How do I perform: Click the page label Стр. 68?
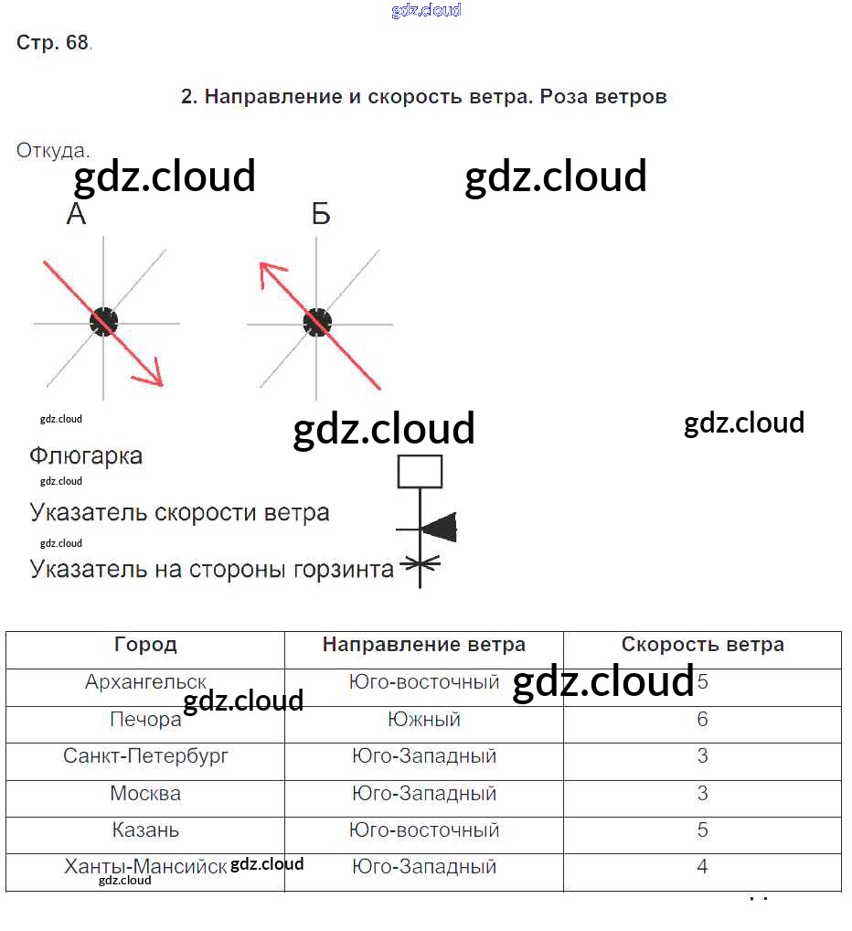tap(52, 43)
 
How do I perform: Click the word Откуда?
tap(52, 151)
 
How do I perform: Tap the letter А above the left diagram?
tap(77, 215)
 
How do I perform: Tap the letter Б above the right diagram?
tap(320, 215)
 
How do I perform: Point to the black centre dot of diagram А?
tap(104, 321)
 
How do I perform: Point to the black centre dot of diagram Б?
tap(317, 322)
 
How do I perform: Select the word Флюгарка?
tap(86, 455)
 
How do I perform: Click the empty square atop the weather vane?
tap(420, 472)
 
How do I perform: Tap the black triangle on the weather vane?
tap(441, 528)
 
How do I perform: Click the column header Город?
tap(145, 645)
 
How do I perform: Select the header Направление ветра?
tap(423, 645)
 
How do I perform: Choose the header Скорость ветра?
tap(702, 645)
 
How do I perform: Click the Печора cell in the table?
tap(145, 720)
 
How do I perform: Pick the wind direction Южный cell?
tap(423, 720)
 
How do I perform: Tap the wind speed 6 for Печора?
tap(702, 720)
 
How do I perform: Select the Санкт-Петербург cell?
tap(145, 756)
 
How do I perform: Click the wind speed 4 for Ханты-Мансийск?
tap(702, 866)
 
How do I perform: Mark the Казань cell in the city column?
tap(145, 830)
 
